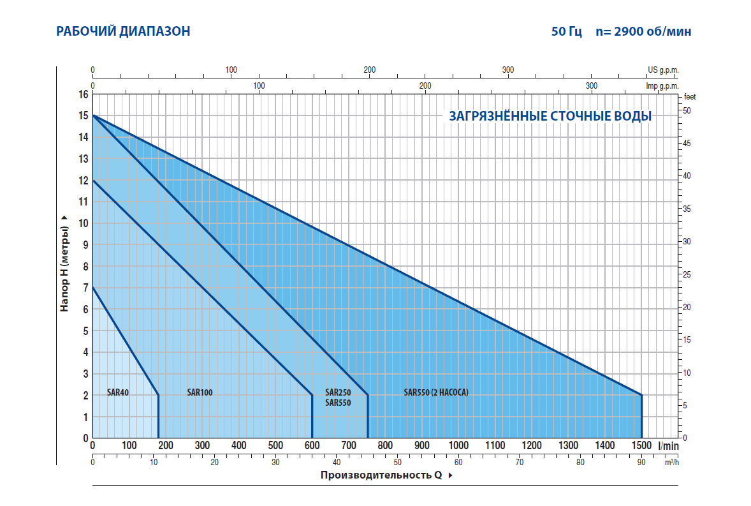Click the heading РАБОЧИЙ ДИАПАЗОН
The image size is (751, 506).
[x=123, y=31]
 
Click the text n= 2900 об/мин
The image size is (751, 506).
[x=643, y=31]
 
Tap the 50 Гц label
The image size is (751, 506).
[x=567, y=31]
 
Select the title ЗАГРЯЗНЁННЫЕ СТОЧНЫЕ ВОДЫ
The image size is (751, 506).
[x=550, y=116]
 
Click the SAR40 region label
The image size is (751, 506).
[x=119, y=392]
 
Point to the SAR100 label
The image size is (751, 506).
[x=200, y=392]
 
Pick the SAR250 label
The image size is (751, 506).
[x=338, y=392]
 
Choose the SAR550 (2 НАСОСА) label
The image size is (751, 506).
[x=436, y=392]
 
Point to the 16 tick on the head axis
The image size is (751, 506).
[x=84, y=94]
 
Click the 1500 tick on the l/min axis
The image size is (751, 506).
[x=641, y=445]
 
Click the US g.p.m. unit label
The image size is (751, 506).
[x=663, y=70]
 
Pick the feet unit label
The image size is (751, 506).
[x=690, y=97]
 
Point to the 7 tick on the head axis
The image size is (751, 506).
[x=86, y=288]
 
